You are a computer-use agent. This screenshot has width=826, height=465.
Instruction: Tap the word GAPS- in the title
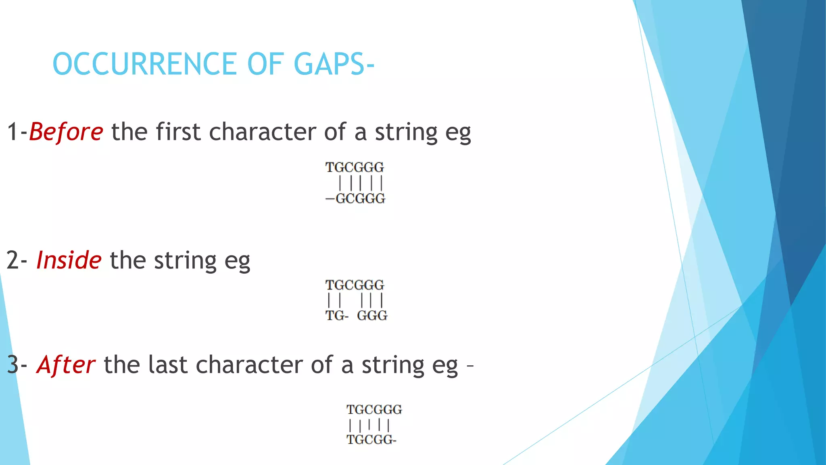tap(334, 64)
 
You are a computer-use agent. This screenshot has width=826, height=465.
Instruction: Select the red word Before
tap(66, 132)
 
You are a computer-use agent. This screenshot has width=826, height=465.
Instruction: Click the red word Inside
tap(69, 260)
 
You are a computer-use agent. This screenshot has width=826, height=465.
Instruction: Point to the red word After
tap(66, 365)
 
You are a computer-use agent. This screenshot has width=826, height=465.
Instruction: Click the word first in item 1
tap(178, 132)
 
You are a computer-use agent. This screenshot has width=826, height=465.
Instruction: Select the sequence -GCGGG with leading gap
tap(355, 199)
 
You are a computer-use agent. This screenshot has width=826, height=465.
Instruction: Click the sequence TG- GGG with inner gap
tap(356, 315)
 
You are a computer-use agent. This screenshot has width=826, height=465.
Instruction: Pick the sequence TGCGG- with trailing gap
tap(371, 440)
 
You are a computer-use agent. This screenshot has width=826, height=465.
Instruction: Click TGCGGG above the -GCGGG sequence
tap(355, 167)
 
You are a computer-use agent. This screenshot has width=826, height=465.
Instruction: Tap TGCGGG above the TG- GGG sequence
tap(355, 285)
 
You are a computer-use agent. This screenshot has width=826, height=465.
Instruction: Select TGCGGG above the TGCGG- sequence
tap(374, 410)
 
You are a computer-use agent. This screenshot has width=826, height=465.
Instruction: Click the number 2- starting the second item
tap(17, 260)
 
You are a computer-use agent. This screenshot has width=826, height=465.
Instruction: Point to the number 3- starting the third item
tap(17, 365)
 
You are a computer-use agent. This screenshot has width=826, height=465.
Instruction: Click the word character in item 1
tap(263, 132)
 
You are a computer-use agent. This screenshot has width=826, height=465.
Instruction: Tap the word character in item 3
tap(249, 365)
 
